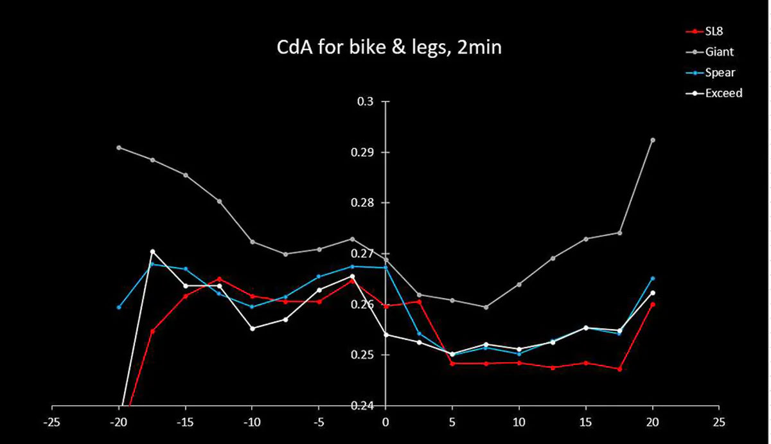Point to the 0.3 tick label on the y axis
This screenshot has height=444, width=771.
[x=371, y=102]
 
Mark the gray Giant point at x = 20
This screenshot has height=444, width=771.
[x=653, y=140]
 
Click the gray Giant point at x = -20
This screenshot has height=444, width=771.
[x=119, y=148]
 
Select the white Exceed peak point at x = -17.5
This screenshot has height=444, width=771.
[x=152, y=251]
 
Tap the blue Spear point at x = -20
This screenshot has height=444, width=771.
[x=119, y=307]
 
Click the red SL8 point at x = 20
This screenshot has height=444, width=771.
[x=653, y=305]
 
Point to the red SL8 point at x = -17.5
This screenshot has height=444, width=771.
[x=152, y=332]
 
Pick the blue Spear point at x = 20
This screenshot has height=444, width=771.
[x=653, y=278]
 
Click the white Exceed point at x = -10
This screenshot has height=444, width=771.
[x=253, y=328]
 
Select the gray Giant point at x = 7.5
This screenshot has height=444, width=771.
[x=486, y=307]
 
